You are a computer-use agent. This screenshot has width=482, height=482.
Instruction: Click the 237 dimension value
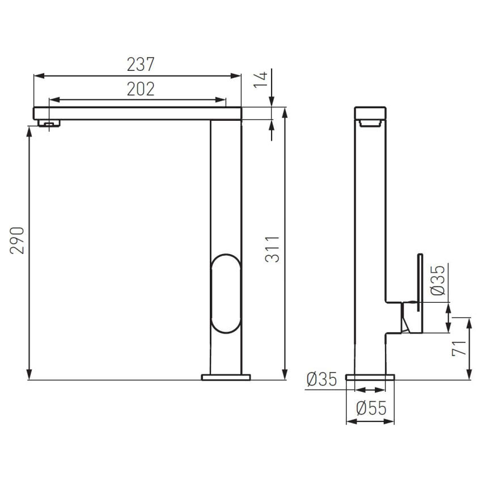(140, 65)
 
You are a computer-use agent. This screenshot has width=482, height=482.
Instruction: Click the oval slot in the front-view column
(226, 293)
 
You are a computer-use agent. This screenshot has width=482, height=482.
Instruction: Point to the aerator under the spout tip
(49, 124)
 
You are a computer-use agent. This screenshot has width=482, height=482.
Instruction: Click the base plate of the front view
(226, 377)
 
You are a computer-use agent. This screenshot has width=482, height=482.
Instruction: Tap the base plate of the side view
(370, 377)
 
